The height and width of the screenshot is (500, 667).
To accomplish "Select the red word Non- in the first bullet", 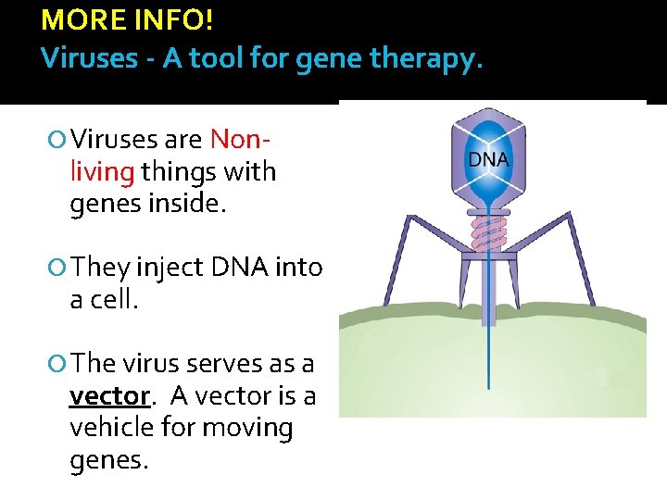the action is [x=240, y=140].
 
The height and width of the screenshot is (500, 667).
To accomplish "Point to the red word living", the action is [x=103, y=171].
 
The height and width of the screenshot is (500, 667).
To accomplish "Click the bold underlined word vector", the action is [x=109, y=396].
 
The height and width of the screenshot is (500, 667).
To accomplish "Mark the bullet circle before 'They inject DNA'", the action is [x=59, y=269].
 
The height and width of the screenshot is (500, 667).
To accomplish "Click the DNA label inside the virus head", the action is [x=488, y=159].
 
